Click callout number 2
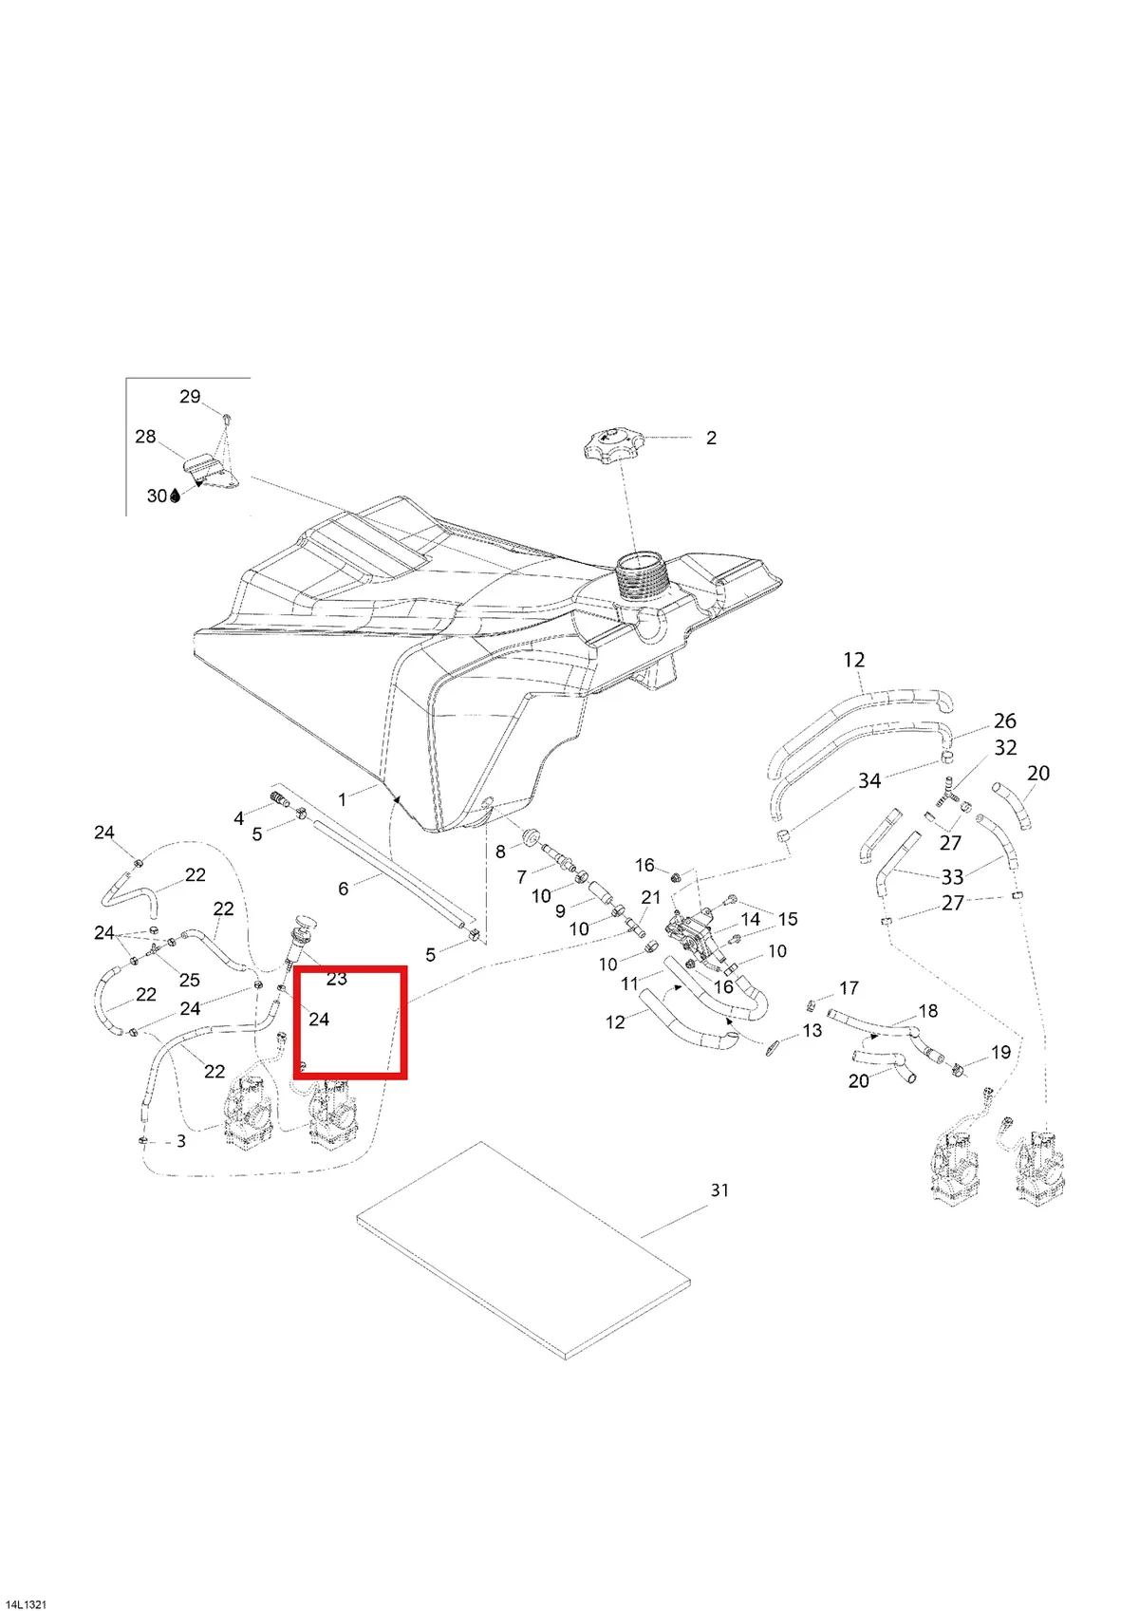[711, 438]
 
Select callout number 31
[719, 1190]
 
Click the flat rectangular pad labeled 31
[524, 1250]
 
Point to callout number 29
[190, 396]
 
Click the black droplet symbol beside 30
[175, 496]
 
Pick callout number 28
[145, 437]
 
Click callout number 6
[343, 889]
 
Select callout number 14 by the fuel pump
[750, 919]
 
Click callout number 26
[1004, 721]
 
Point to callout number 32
[1005, 748]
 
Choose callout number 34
[869, 780]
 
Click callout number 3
[181, 1141]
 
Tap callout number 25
[190, 980]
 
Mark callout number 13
[812, 1031]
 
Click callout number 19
[1001, 1052]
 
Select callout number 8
[500, 852]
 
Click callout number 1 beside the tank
[343, 799]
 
